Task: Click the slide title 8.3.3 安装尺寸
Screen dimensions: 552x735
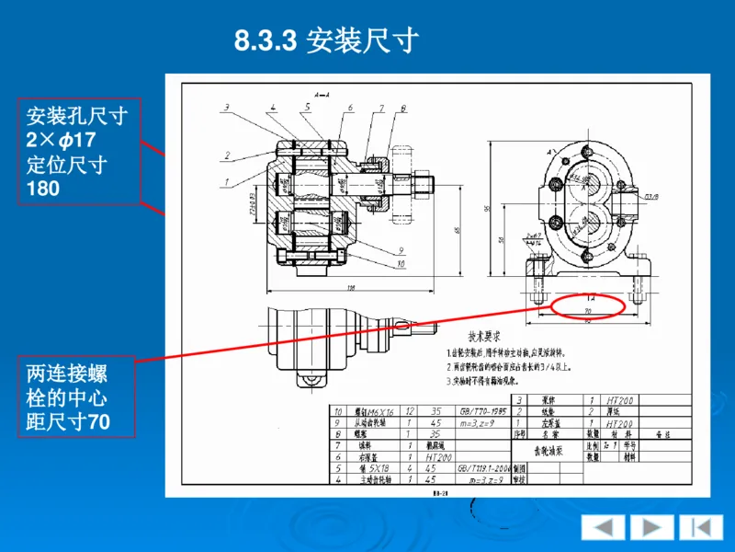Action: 326,41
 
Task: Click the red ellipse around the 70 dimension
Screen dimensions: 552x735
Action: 587,304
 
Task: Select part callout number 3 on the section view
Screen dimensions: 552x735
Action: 226,109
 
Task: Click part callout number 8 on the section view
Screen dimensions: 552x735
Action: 403,109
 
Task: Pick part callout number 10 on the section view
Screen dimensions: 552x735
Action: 401,264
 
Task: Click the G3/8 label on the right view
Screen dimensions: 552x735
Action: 651,196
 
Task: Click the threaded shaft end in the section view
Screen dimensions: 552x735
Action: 424,183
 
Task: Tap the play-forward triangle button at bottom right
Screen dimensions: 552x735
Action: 650,527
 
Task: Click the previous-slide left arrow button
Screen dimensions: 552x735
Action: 604,527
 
